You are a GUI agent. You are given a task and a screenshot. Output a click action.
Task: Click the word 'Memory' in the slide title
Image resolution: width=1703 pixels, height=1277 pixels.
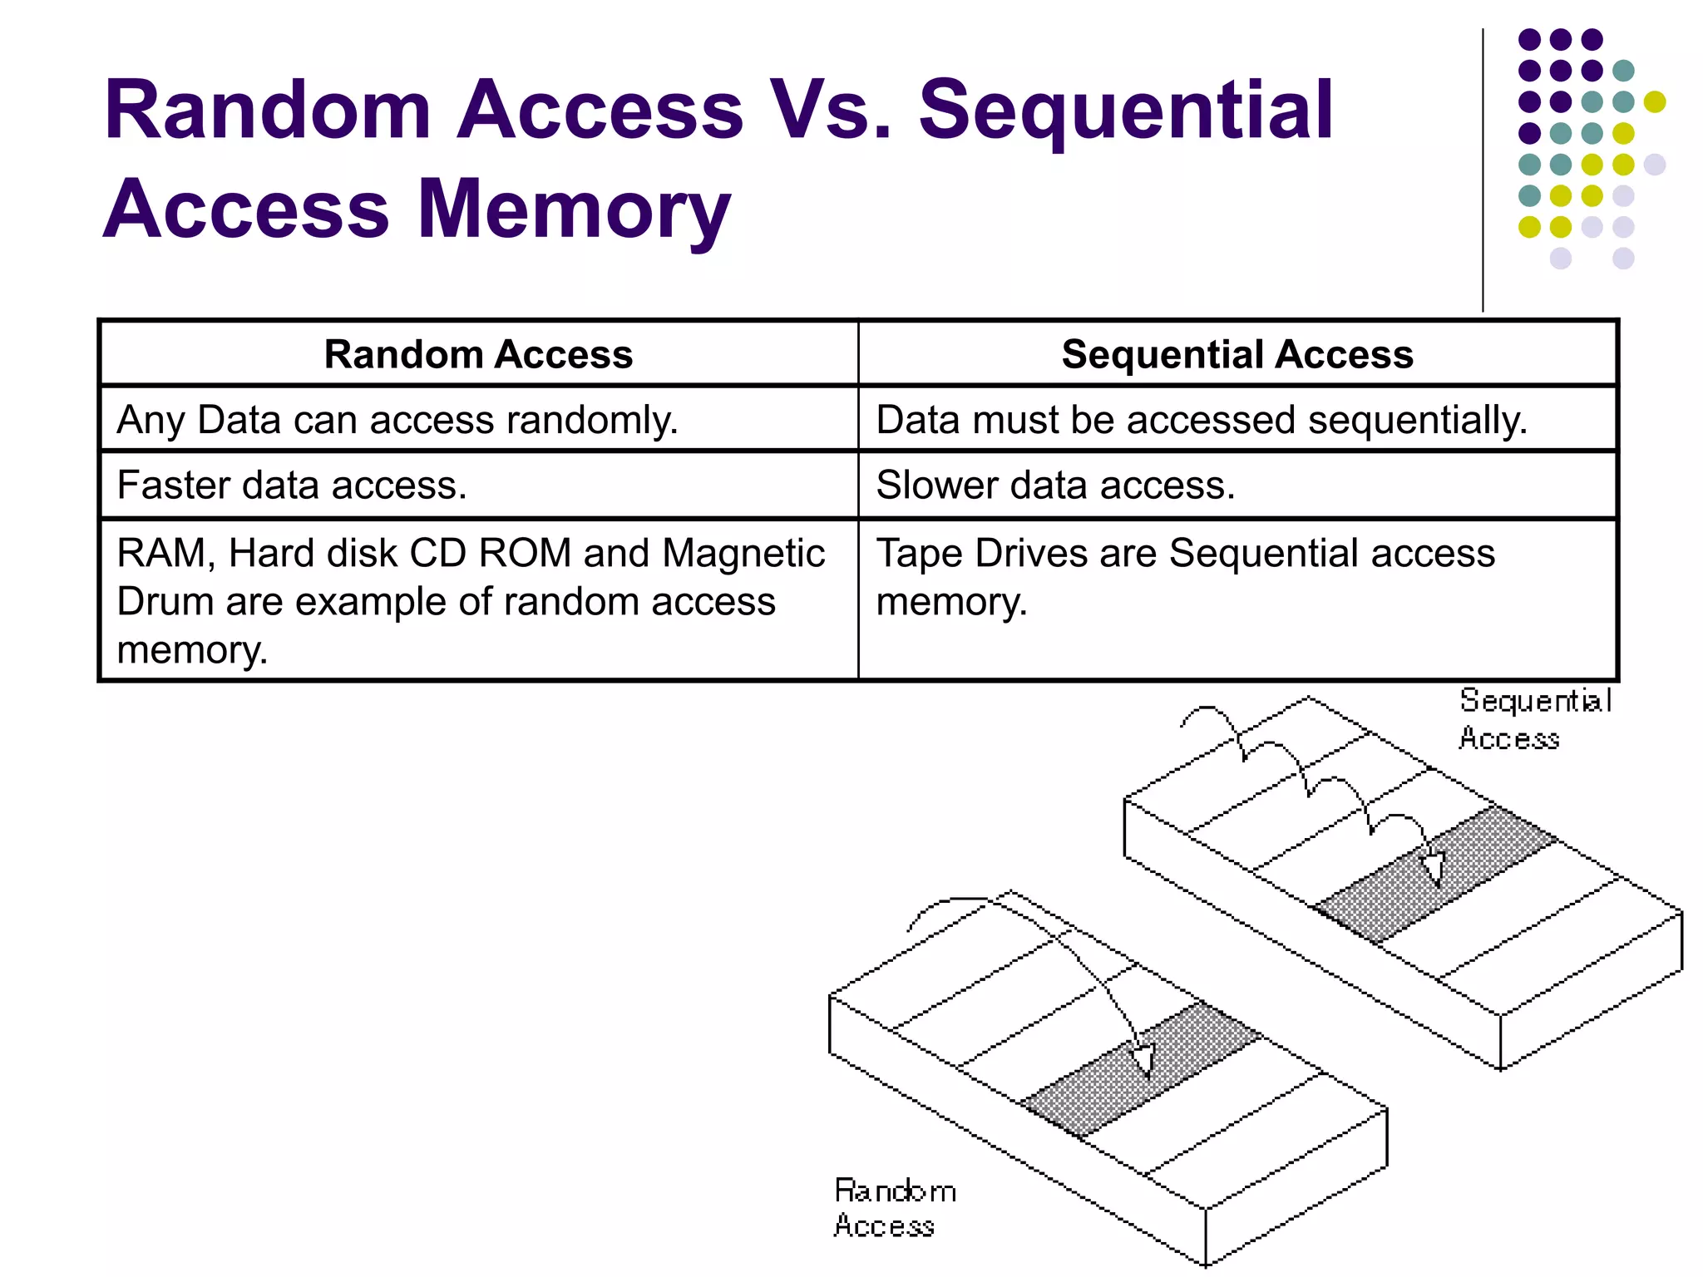[573, 210]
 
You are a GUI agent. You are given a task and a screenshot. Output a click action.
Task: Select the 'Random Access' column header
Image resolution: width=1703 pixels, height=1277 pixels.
[478, 354]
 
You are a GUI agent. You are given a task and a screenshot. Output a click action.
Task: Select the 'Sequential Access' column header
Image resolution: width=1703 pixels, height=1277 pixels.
[1237, 354]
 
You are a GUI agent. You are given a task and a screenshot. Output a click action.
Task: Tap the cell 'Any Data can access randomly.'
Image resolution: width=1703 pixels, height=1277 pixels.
[397, 420]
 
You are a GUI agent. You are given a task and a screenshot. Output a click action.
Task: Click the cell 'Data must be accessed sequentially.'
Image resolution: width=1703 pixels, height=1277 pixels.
[1201, 420]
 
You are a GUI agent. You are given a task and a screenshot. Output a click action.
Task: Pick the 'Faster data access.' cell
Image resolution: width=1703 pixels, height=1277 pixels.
[292, 485]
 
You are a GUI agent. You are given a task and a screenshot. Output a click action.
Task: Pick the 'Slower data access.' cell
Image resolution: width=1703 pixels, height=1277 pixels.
[1055, 485]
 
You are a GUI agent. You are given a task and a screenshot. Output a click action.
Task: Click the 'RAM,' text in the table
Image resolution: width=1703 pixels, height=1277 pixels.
[165, 554]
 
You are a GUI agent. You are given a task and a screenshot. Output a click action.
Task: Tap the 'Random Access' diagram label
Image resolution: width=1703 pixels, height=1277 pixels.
[893, 1208]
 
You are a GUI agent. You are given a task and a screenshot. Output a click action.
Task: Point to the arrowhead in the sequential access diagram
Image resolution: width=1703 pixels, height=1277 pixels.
[1433, 869]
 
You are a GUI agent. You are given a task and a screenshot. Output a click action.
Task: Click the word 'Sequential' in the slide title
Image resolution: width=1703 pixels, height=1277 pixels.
[1126, 110]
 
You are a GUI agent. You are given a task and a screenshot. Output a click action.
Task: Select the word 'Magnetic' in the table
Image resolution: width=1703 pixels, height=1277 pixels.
[743, 554]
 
